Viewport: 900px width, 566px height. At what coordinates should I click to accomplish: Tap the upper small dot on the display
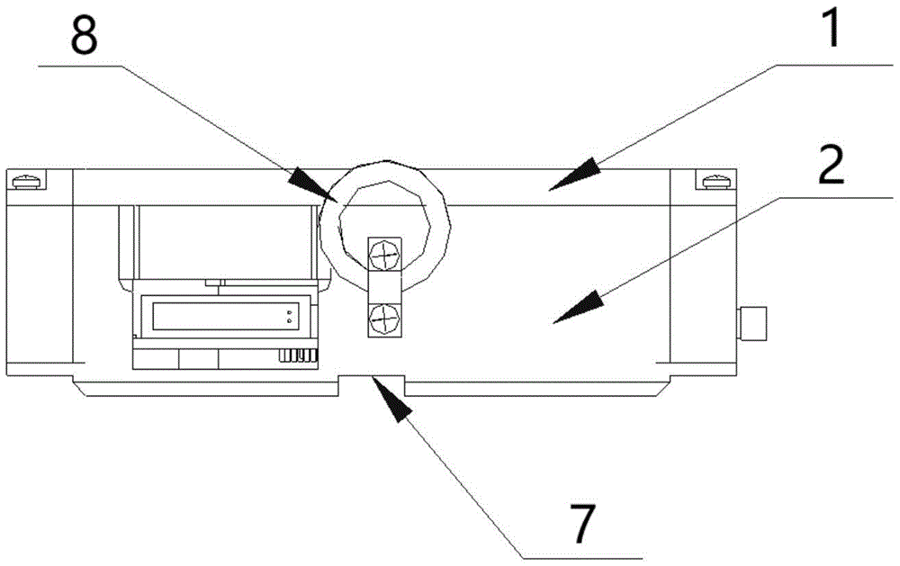(288, 311)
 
